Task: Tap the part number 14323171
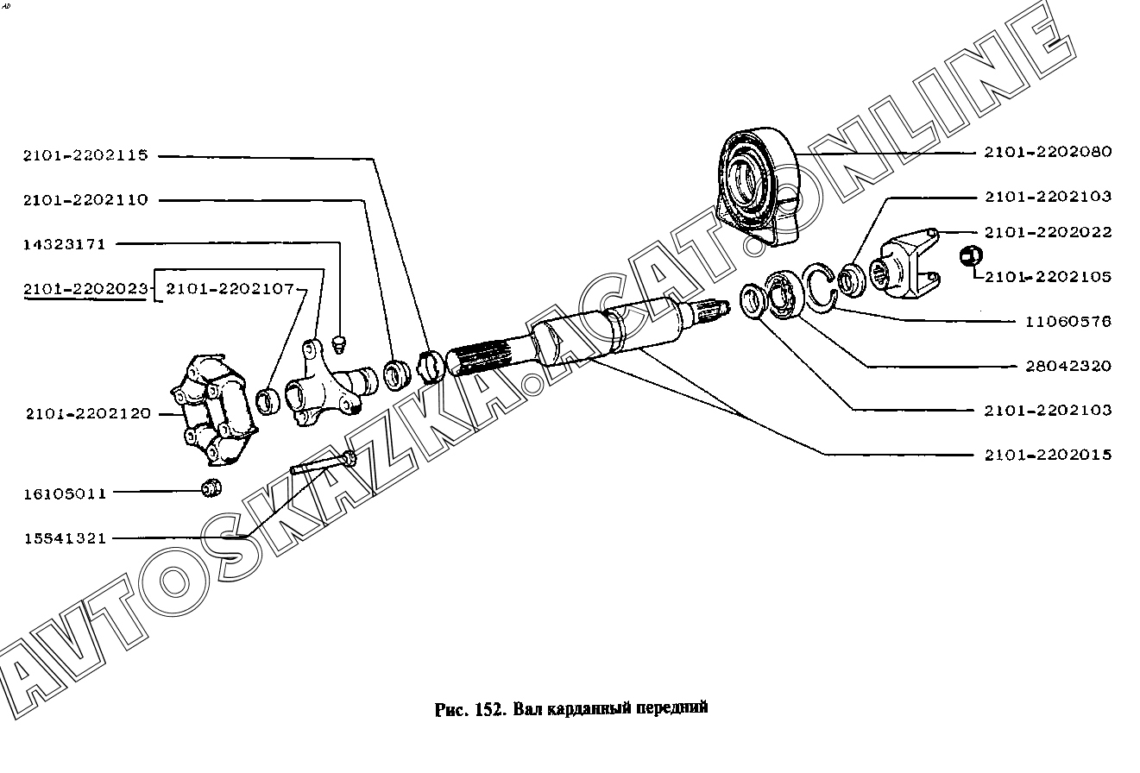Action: [65, 244]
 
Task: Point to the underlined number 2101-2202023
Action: [85, 288]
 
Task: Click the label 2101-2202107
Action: [230, 288]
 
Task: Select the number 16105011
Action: [65, 493]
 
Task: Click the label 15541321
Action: [65, 538]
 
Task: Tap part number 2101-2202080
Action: [1048, 152]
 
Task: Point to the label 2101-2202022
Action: [1048, 232]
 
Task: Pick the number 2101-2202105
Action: [1048, 277]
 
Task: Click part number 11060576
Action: [1068, 321]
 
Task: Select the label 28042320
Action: [1068, 366]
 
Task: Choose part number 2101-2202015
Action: [1048, 455]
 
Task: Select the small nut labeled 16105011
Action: [210, 487]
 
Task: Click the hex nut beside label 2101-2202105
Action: [970, 256]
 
